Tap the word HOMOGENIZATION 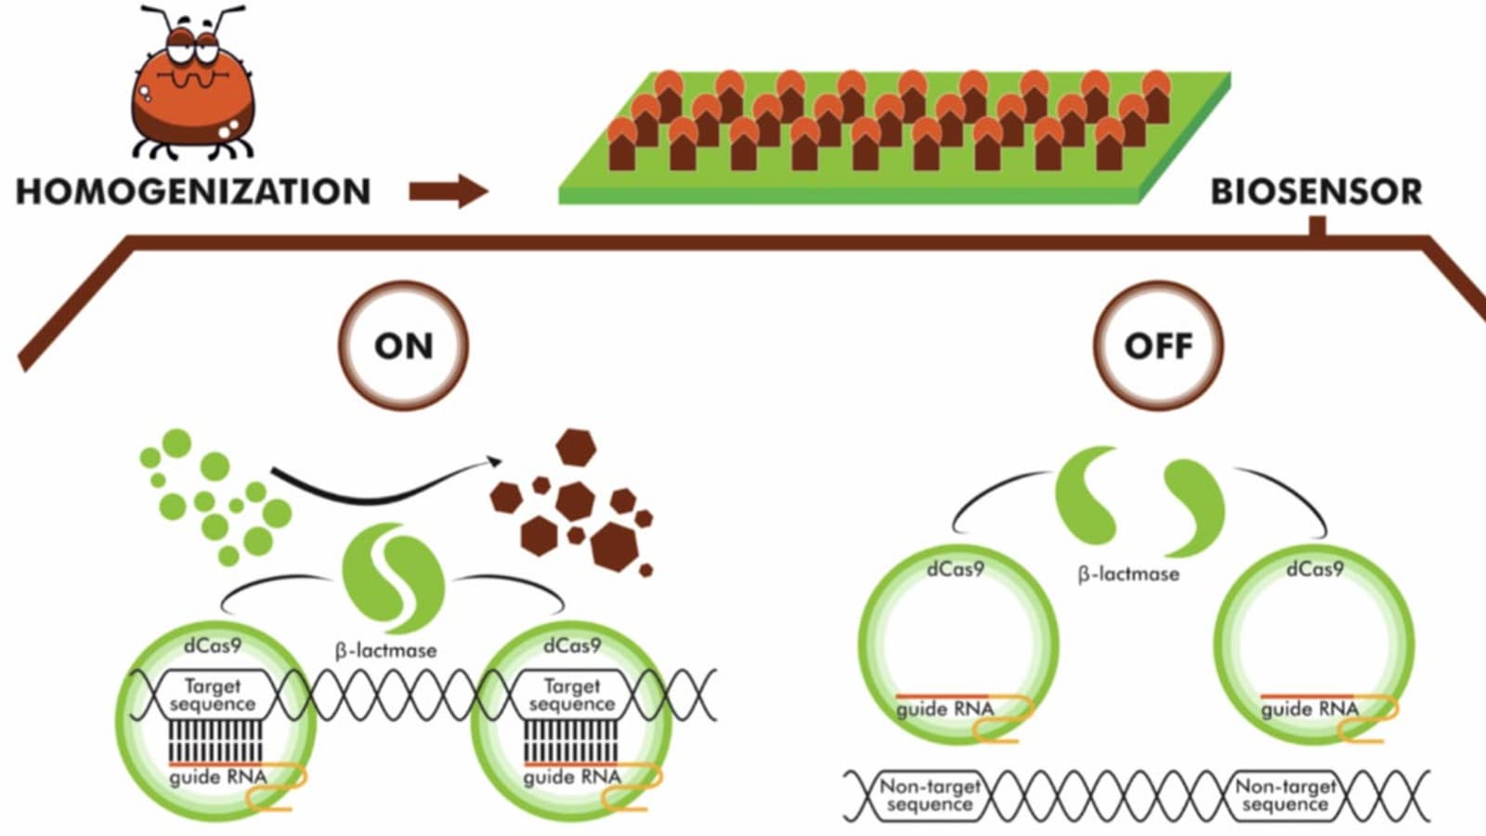click(193, 191)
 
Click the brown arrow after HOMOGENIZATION click(449, 191)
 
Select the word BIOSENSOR click(1316, 191)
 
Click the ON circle click(403, 346)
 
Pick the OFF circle click(1158, 346)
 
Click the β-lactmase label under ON click(385, 650)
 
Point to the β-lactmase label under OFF click(1128, 574)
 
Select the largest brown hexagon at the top click(576, 447)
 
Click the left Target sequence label click(213, 695)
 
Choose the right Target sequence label click(571, 695)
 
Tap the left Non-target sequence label click(930, 795)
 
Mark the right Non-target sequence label click(1285, 795)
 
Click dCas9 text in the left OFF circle click(955, 568)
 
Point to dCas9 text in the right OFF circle click(1314, 568)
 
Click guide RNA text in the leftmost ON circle click(217, 777)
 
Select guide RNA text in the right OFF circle click(1310, 710)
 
